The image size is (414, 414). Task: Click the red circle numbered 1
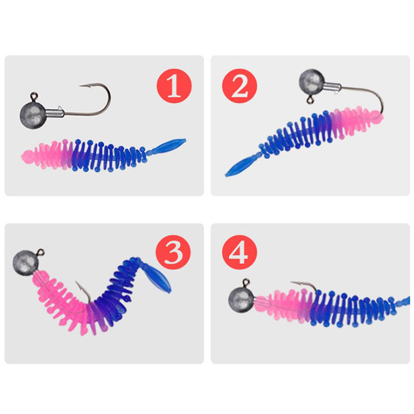[174, 86]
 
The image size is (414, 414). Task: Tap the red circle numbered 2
[240, 86]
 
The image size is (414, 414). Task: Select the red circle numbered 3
[173, 253]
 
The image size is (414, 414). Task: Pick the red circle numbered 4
[240, 253]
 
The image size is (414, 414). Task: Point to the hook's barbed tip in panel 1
[80, 85]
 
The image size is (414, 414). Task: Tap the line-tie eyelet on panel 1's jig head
[34, 96]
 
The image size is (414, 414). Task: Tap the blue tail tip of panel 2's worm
[227, 175]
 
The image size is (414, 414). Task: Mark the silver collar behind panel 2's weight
[332, 87]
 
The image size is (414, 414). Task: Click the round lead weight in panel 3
[25, 263]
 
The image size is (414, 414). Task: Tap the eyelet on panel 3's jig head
[40, 253]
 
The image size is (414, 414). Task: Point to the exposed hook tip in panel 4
[292, 283]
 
